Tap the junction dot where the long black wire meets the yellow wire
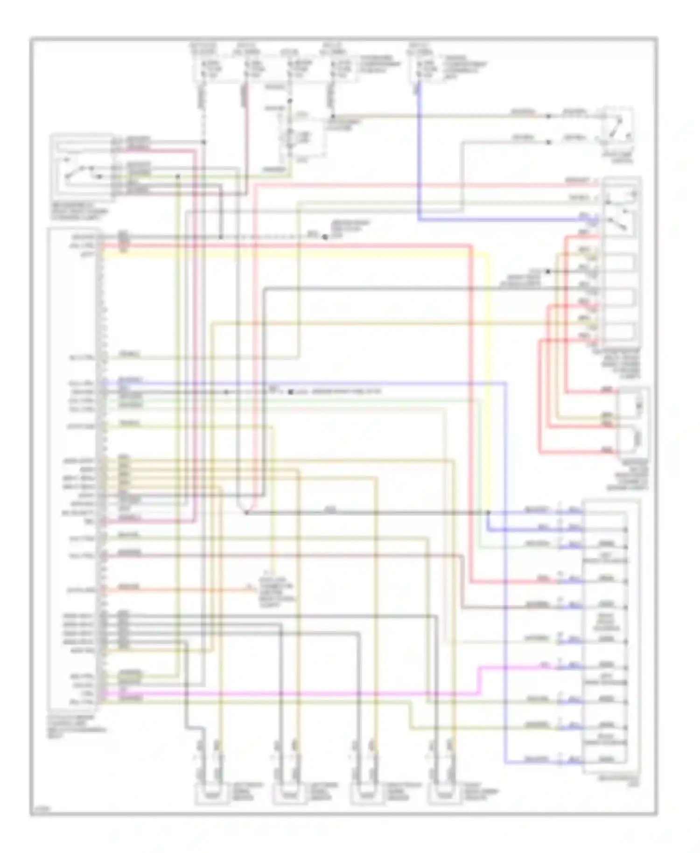tap(489, 512)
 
